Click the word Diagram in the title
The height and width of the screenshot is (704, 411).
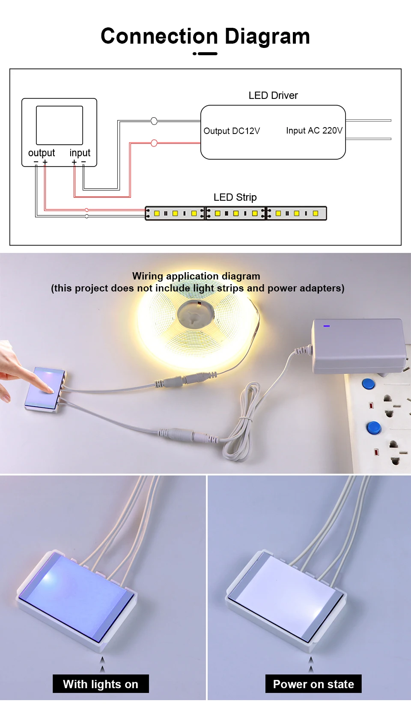(x=267, y=37)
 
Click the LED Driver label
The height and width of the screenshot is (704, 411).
(x=273, y=95)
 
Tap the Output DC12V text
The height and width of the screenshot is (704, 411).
(x=232, y=131)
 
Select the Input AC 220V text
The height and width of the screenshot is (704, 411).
(x=314, y=131)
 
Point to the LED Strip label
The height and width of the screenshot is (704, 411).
(x=235, y=197)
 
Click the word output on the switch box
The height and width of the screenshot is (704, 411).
(x=42, y=153)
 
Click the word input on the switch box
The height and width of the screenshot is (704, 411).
(x=80, y=153)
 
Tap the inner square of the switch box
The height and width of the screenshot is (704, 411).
(x=60, y=125)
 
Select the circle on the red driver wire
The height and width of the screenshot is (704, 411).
(x=154, y=143)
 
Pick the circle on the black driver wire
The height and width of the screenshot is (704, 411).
(x=154, y=121)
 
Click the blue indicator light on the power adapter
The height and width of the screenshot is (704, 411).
(x=327, y=326)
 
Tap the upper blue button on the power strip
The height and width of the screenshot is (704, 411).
(x=368, y=383)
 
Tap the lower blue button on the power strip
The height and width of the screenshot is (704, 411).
(x=374, y=427)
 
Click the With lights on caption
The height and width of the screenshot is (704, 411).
(x=101, y=684)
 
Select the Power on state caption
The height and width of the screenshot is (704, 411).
(x=313, y=684)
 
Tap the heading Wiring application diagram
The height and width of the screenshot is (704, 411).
(x=196, y=276)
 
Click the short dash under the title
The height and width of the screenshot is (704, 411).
(x=208, y=53)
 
